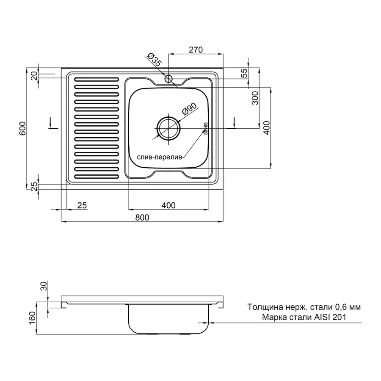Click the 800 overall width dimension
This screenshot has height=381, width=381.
tap(142, 217)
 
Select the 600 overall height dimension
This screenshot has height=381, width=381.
tap(22, 128)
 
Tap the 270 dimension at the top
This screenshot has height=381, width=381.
tap(196, 50)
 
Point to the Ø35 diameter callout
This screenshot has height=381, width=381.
tap(154, 60)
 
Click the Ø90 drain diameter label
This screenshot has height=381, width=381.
tap(189, 109)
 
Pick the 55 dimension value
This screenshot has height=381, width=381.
tap(244, 73)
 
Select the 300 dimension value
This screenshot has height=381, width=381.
tap(255, 98)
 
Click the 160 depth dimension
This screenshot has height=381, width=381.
tap(32, 318)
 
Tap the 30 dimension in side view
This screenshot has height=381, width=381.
tap(44, 286)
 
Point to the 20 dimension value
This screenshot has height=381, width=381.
tap(35, 76)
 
